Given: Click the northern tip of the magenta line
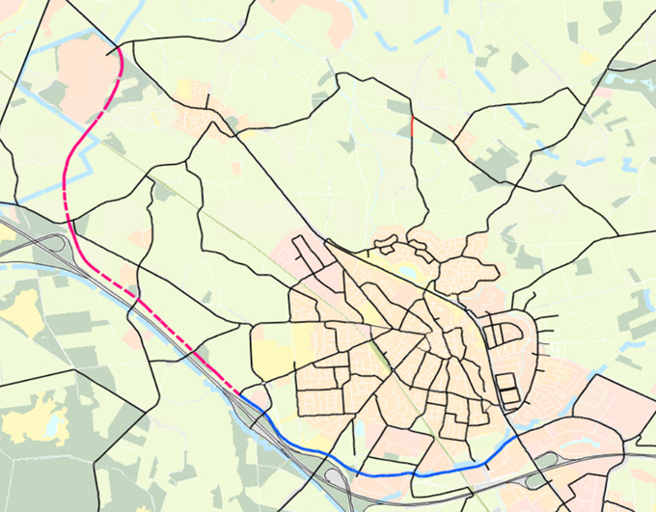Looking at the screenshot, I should click(x=118, y=48).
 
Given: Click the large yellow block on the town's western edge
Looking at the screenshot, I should click(x=274, y=348).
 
